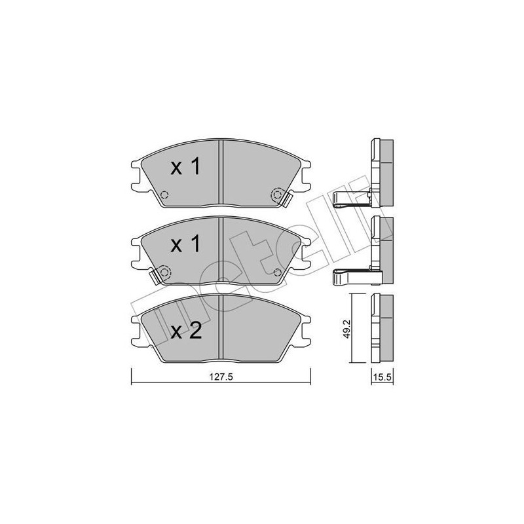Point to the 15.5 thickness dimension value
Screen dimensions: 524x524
[x=381, y=378]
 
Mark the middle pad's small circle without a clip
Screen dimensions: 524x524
[x=277, y=272]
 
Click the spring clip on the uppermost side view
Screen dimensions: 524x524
[x=350, y=199]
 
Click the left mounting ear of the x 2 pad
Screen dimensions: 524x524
[x=137, y=330]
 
